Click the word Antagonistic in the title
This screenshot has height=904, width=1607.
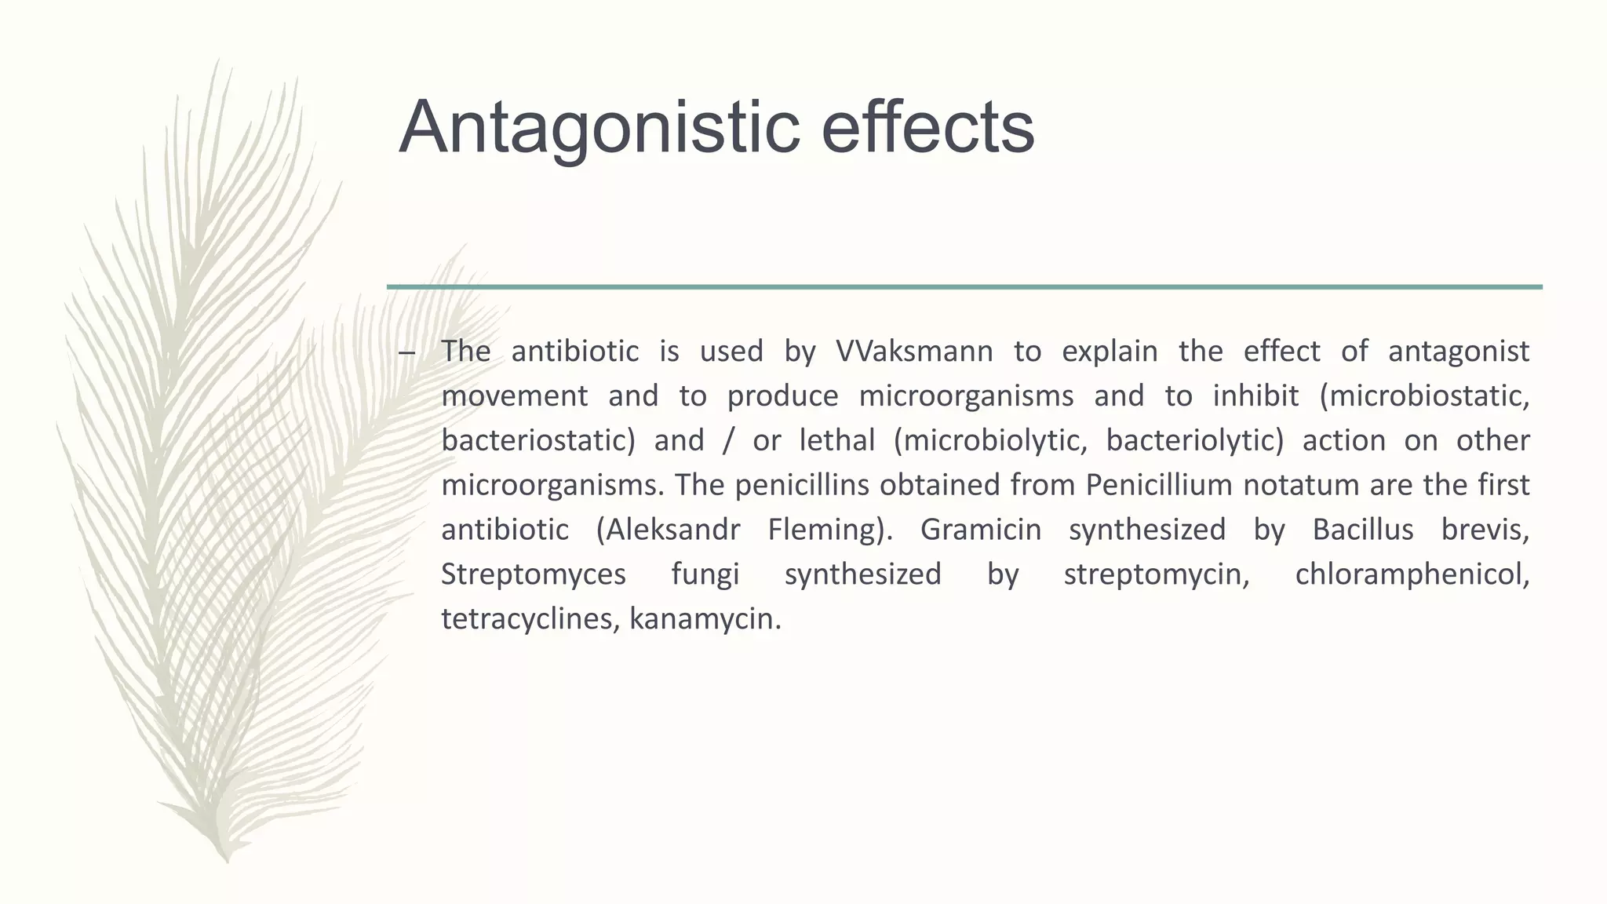coord(599,128)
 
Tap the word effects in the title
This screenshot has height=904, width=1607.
coord(927,128)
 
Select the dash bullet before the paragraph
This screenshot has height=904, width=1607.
coord(406,352)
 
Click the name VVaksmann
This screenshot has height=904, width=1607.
coord(914,351)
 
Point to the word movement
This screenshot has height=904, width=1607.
coord(514,395)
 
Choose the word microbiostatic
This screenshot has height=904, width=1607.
coord(1424,395)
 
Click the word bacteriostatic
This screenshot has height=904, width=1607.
coord(537,440)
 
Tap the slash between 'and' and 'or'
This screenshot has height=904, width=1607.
coord(728,440)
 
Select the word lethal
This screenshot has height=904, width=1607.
coord(836,440)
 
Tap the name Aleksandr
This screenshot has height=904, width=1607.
coord(668,530)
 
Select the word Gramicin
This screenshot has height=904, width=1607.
coord(981,530)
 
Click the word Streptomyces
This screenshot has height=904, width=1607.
coord(534,574)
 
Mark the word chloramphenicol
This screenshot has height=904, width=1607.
coord(1412,574)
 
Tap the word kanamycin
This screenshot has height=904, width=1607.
coord(705,619)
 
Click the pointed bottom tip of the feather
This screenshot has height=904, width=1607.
coord(227,860)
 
